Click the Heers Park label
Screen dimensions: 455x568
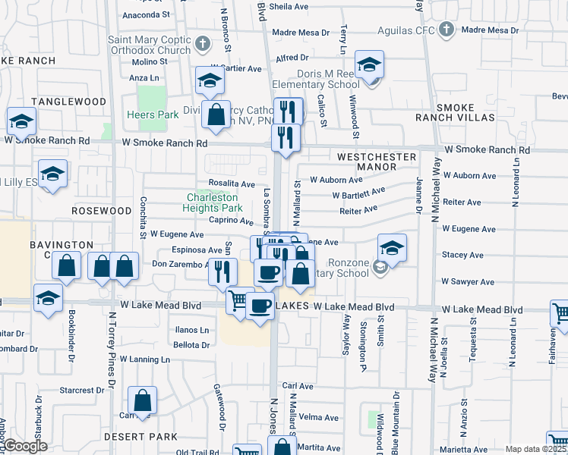[x=152, y=115]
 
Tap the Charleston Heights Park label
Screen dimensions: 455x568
[x=214, y=202]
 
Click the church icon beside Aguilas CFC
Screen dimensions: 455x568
[x=447, y=30]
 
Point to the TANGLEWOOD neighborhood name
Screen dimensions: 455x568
[x=68, y=102]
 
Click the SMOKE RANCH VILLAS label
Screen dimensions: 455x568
[x=455, y=112]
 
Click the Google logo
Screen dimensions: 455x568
[x=25, y=446]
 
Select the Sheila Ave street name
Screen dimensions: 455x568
[x=289, y=6]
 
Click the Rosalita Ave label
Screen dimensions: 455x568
[x=232, y=184]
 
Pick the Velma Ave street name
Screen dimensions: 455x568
[x=319, y=417]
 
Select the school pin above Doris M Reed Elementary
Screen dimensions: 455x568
[x=370, y=66]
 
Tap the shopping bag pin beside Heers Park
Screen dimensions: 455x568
[x=216, y=116]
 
